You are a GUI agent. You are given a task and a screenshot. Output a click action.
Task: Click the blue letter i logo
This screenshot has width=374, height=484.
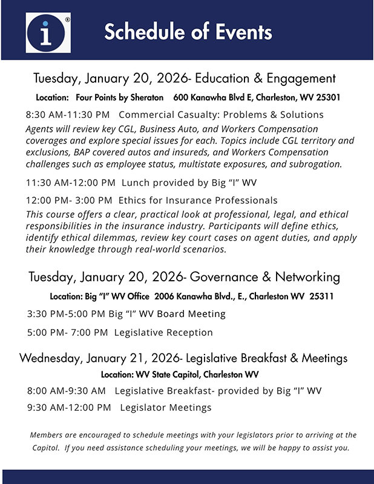(x=48, y=32)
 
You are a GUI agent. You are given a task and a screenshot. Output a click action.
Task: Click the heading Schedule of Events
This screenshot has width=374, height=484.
(x=188, y=31)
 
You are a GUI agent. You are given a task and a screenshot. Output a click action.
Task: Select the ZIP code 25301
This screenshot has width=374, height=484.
(x=327, y=97)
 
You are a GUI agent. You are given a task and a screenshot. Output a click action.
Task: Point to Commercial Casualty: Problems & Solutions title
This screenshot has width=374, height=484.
(x=221, y=114)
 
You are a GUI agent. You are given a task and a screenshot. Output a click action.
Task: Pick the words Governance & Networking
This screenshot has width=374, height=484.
(x=265, y=277)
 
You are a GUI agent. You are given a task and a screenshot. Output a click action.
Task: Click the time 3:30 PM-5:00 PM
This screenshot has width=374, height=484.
(x=67, y=314)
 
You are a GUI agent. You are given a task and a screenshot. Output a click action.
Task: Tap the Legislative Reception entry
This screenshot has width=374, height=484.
(x=163, y=332)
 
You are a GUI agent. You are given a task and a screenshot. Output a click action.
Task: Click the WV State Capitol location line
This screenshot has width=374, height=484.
(x=180, y=374)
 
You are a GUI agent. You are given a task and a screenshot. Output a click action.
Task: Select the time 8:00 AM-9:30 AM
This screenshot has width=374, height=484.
(x=67, y=391)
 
